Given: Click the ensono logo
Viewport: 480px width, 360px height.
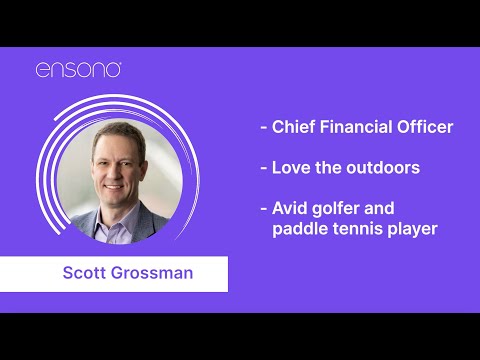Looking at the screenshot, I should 79,70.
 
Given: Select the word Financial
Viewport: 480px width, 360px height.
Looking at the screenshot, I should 355,127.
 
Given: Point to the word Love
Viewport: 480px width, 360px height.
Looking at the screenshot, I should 291,167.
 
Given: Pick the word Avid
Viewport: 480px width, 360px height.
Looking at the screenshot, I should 290,208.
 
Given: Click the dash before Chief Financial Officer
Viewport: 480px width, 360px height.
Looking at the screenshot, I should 263,128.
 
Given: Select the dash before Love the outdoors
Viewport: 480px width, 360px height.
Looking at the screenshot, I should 263,168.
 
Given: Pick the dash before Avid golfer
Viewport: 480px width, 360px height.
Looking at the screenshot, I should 263,209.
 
